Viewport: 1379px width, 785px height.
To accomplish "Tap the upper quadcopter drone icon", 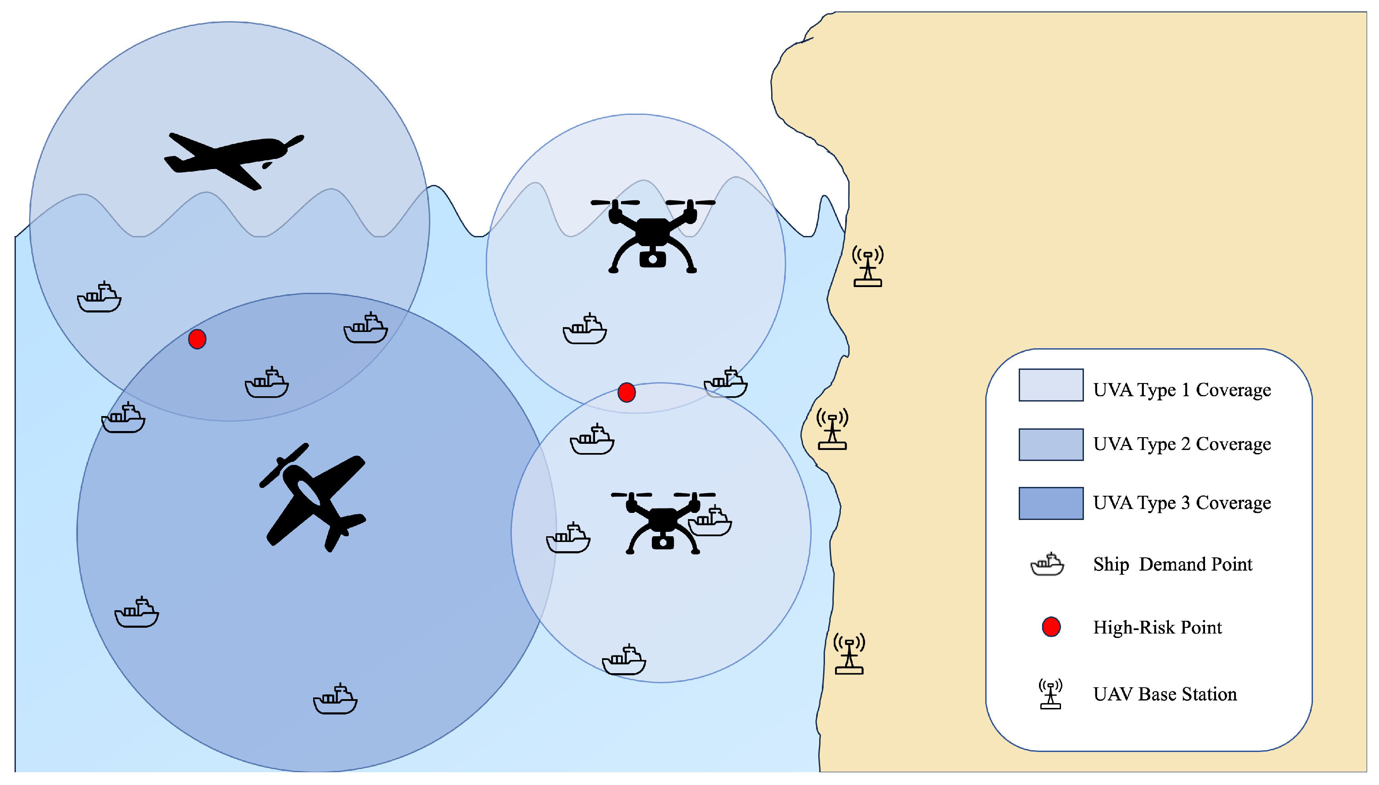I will point(653,235).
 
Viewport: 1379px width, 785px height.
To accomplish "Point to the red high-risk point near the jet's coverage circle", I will point(197,339).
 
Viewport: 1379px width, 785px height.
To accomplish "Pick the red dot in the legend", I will point(1051,627).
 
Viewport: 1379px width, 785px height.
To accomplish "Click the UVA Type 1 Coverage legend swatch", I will point(1050,385).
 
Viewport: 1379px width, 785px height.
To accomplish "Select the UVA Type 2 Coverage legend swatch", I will point(1050,444).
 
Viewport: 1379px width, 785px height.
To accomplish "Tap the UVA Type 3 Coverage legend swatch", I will point(1050,503).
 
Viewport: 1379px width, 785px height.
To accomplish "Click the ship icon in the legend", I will point(1047,564).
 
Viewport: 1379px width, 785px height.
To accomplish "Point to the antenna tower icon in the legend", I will point(1050,694).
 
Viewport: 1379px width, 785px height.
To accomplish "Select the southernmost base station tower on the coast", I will point(850,653).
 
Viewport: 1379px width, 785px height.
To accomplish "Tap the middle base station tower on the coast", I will point(832,429).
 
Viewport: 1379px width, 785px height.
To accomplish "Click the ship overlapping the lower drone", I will point(710,522).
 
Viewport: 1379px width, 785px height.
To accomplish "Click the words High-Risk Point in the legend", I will point(1157,627).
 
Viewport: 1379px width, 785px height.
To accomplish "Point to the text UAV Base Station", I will point(1165,694).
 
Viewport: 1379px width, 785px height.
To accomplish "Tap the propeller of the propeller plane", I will point(284,465).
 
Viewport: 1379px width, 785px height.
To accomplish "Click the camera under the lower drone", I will point(663,541).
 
